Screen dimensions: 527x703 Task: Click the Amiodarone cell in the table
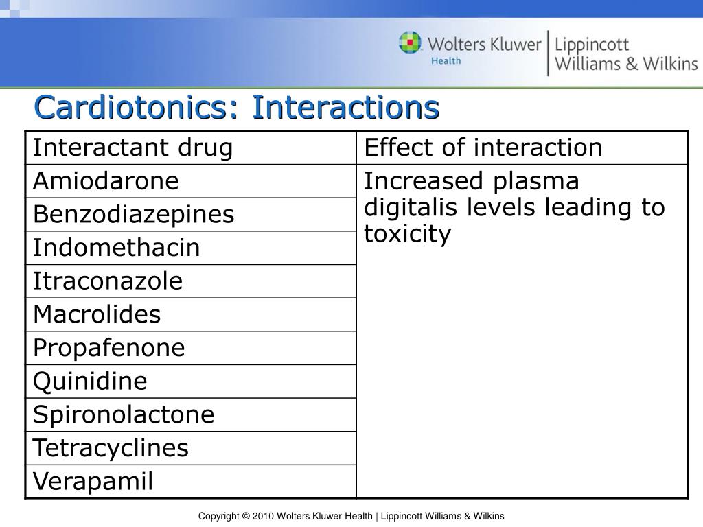point(106,181)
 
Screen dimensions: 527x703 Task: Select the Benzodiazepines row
point(134,214)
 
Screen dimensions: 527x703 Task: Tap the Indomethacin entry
point(117,248)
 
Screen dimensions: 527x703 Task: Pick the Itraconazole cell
point(108,281)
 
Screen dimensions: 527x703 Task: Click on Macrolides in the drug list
point(97,315)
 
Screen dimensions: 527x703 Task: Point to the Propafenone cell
point(109,348)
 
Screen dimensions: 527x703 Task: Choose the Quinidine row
point(91,381)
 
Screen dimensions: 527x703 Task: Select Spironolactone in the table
point(124,414)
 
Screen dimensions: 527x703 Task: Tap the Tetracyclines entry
point(111,448)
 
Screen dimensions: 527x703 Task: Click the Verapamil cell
point(93,481)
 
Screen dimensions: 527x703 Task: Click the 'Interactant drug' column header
point(133,148)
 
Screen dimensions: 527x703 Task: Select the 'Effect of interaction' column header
point(483,148)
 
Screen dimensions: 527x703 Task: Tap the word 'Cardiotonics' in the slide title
point(137,107)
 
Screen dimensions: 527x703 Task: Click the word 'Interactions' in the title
point(345,107)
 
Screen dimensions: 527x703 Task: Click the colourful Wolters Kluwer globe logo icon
point(411,43)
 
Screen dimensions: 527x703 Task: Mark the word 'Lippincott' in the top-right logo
point(591,45)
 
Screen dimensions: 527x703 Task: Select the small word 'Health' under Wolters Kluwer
point(446,60)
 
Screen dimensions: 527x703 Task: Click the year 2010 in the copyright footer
point(263,516)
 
